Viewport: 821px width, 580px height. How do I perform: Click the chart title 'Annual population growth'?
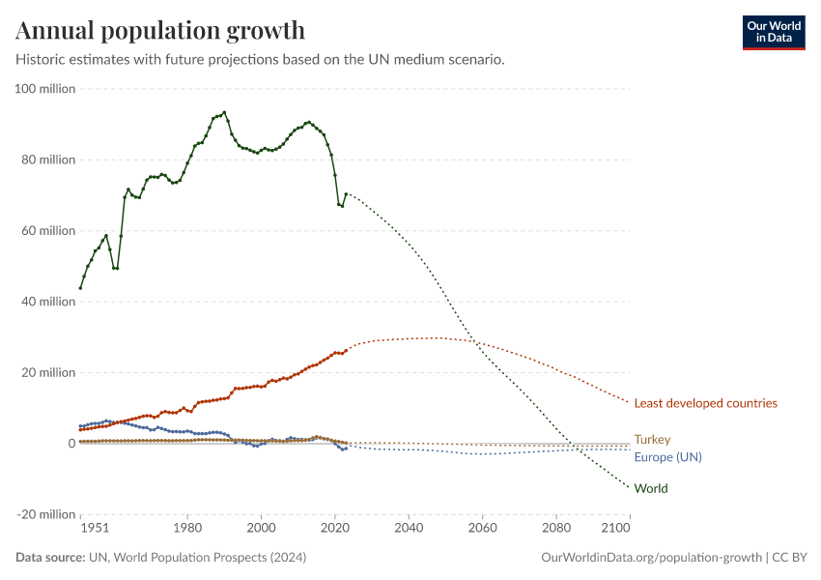click(x=160, y=31)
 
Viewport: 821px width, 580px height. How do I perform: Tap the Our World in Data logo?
click(x=773, y=32)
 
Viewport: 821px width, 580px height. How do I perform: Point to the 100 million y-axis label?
click(x=45, y=89)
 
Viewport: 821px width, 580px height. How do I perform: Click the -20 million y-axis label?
click(x=46, y=514)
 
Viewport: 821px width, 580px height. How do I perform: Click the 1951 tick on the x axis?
click(x=94, y=529)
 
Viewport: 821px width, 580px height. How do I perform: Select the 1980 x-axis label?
click(x=187, y=529)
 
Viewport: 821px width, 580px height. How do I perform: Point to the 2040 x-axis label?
click(x=409, y=529)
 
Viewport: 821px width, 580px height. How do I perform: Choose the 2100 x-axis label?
click(x=615, y=529)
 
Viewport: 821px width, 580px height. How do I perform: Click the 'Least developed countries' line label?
click(x=705, y=403)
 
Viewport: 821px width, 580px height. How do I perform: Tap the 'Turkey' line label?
click(x=652, y=440)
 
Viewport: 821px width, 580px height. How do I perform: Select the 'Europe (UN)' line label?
click(x=666, y=456)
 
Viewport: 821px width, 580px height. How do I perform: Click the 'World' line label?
click(x=651, y=488)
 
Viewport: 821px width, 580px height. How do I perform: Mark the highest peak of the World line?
click(x=224, y=112)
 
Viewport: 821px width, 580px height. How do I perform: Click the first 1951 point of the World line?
click(x=80, y=288)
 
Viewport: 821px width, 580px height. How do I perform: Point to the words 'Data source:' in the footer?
click(x=49, y=558)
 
